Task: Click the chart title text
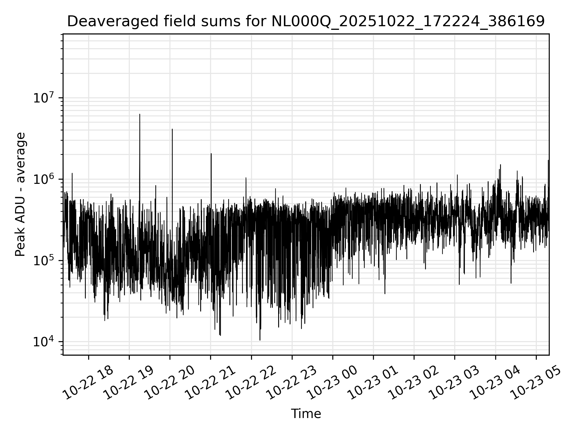[306, 21]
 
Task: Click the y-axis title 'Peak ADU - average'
[20, 194]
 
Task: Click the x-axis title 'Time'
[306, 414]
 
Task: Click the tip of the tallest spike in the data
[140, 114]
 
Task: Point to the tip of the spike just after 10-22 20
[172, 129]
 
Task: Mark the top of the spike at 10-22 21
[211, 154]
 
